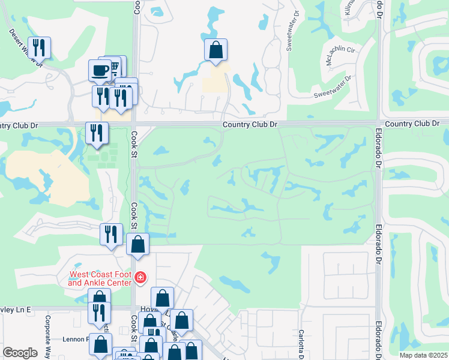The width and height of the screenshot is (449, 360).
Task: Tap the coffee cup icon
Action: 100,70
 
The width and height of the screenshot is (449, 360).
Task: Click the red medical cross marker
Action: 140,277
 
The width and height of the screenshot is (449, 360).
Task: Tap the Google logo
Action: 20,353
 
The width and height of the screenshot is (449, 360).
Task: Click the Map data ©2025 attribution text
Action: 423,355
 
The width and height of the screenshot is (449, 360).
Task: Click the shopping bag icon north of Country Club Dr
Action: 215,50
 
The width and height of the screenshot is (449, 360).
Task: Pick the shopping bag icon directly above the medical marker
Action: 138,245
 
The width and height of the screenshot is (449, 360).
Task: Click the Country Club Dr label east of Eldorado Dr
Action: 417,124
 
